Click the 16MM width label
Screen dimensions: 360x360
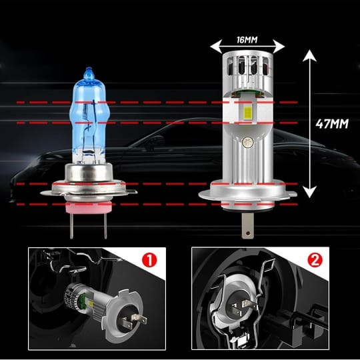[247, 40]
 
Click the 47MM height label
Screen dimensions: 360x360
[332, 124]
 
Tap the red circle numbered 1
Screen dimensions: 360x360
[149, 260]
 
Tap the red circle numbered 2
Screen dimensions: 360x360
[315, 260]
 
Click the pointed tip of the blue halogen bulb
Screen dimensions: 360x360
[89, 68]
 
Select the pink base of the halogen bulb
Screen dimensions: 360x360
[89, 207]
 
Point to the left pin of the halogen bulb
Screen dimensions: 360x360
[71, 225]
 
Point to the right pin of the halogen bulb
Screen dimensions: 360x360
[105, 225]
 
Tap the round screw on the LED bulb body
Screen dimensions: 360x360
[248, 142]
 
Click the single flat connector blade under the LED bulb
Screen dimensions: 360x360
[247, 225]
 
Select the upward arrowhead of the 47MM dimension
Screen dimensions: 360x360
[309, 55]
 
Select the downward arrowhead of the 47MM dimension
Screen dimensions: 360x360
[309, 192]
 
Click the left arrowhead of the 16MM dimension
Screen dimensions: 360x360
[216, 46]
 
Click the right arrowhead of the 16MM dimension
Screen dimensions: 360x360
[279, 46]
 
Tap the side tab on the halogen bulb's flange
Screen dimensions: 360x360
[131, 191]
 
